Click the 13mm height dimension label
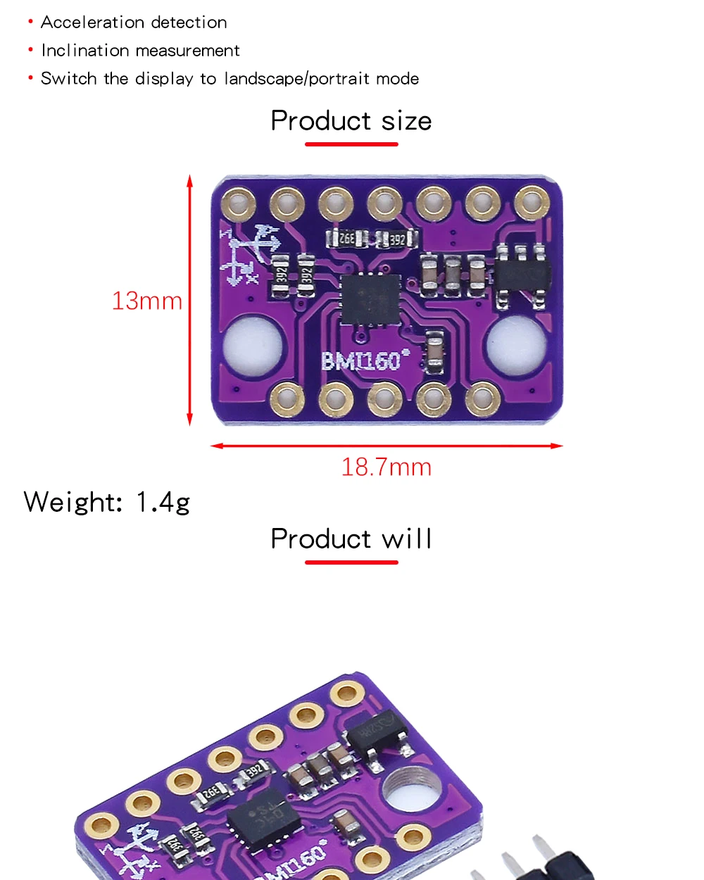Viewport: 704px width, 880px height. [x=147, y=301]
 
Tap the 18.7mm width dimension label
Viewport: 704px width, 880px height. [x=386, y=467]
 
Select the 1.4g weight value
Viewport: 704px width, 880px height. [x=163, y=503]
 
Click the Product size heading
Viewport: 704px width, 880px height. [x=351, y=121]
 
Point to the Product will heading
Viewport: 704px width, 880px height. [x=351, y=539]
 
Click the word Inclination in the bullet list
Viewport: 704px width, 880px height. [x=79, y=51]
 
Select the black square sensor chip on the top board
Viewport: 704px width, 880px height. [x=369, y=298]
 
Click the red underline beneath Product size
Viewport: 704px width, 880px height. [x=351, y=144]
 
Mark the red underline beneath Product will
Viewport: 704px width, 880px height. [x=351, y=562]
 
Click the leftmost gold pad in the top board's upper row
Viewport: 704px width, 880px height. [x=239, y=203]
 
